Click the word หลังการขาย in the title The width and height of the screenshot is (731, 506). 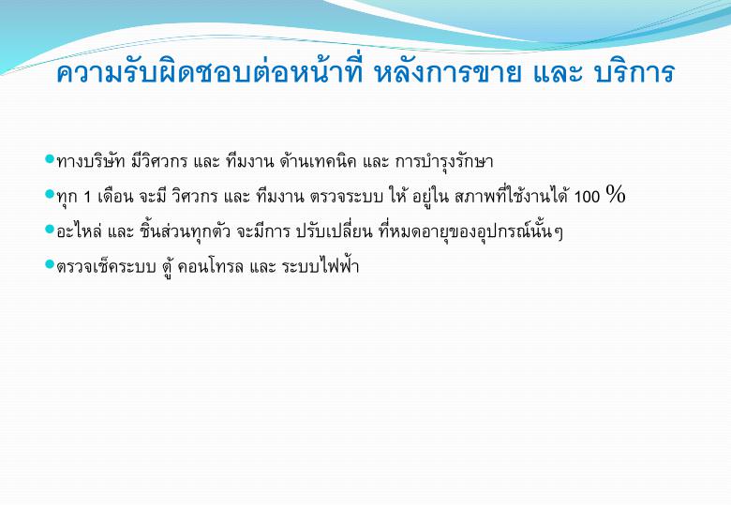(448, 72)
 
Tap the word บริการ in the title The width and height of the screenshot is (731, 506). (635, 72)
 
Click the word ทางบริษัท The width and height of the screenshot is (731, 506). (91, 161)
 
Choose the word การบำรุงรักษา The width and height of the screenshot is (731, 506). (444, 162)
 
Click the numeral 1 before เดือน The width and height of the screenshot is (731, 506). (87, 197)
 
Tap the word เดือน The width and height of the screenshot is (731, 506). (115, 196)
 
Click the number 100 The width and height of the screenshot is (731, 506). (587, 197)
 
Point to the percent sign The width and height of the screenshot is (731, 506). (616, 194)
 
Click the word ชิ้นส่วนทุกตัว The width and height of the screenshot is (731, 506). (185, 231)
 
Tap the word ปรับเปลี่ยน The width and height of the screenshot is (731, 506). (335, 231)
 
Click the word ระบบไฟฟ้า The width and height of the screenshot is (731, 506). (321, 266)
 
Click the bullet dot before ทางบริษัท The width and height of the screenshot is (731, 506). (50, 159)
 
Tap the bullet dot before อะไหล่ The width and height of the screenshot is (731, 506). (50, 230)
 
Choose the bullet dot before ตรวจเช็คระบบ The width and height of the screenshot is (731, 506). (50, 264)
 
